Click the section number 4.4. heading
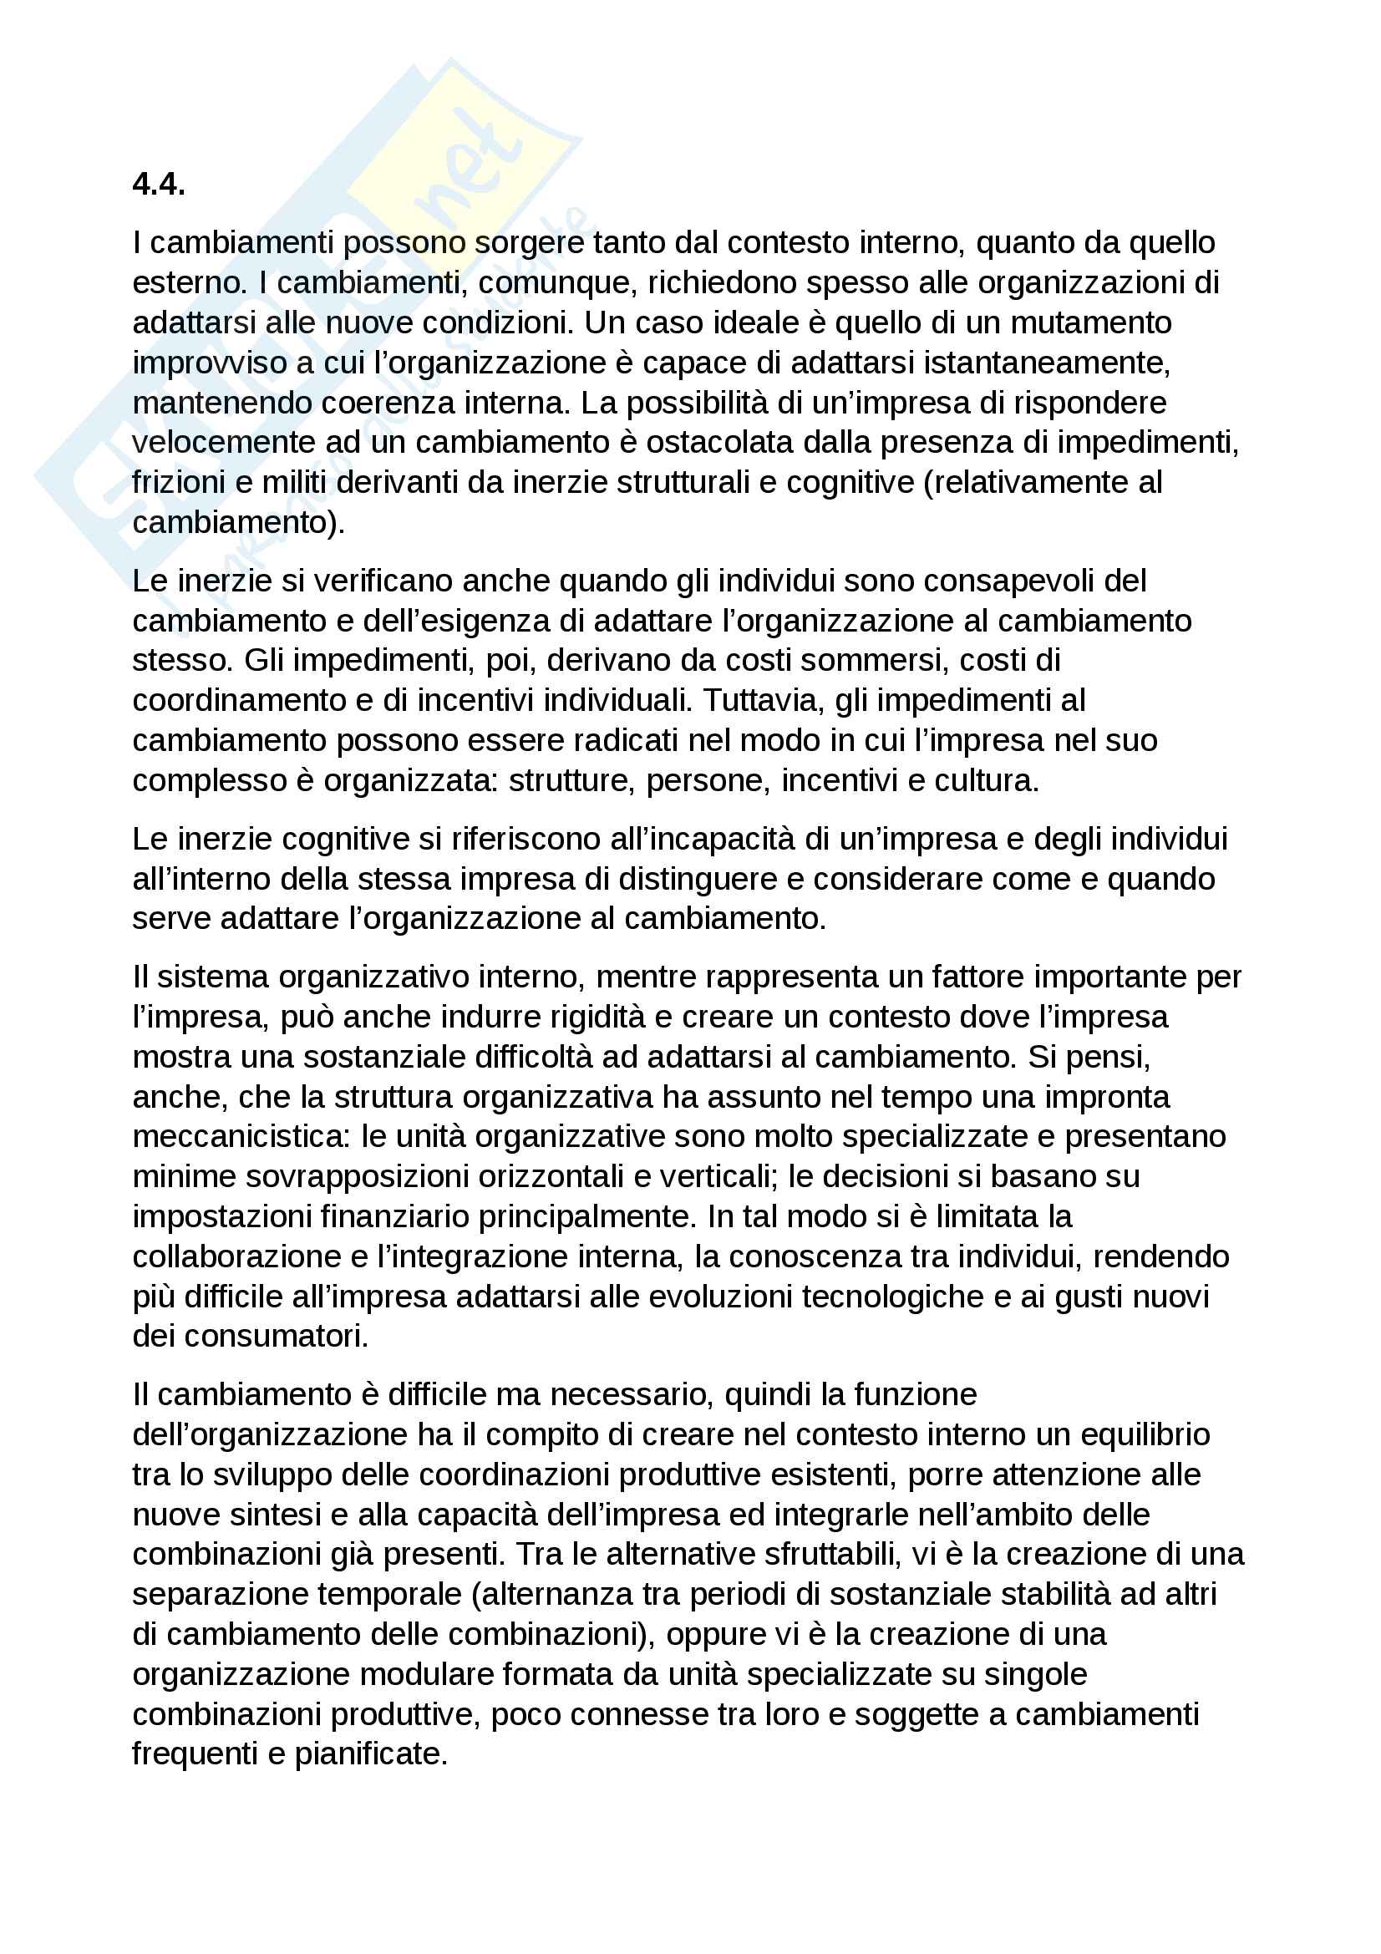(159, 184)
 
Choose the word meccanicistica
(241, 1137)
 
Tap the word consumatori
(277, 1337)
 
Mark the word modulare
(426, 1675)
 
